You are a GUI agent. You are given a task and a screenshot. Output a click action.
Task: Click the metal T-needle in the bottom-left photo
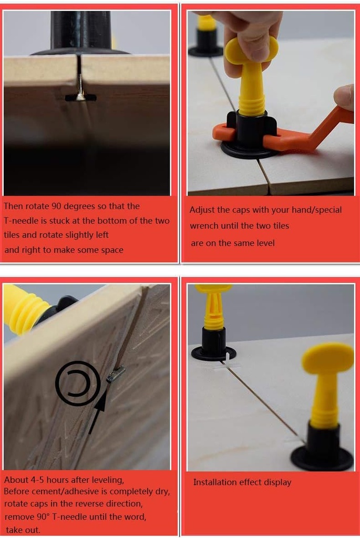(116, 374)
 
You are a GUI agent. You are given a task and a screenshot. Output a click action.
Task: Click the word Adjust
(203, 210)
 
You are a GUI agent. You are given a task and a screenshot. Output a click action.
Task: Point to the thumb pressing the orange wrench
(345, 97)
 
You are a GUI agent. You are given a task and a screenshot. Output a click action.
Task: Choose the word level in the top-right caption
(264, 243)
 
